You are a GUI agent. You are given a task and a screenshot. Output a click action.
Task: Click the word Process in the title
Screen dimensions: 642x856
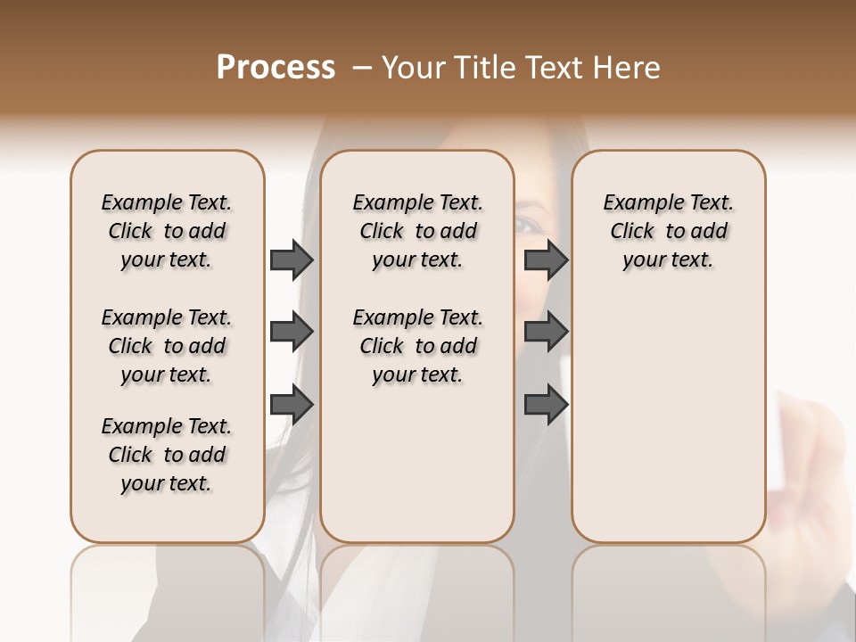[276, 68]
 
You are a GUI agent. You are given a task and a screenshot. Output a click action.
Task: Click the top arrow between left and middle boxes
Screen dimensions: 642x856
[292, 259]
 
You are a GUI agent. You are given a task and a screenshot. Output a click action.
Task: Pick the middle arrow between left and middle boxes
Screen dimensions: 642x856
[292, 332]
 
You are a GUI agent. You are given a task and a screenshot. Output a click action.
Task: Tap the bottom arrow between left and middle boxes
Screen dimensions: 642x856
[292, 405]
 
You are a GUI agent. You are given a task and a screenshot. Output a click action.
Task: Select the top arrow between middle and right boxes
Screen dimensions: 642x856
[546, 259]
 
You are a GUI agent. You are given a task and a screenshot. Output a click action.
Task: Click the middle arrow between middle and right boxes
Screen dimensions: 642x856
[546, 332]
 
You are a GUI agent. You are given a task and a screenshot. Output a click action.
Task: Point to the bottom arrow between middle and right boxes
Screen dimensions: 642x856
[546, 405]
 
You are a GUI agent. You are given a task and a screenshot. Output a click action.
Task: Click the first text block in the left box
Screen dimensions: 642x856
[167, 231]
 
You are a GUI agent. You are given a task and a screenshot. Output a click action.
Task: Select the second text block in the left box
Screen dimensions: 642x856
[167, 346]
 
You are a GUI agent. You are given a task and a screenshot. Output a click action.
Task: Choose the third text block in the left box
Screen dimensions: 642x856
[167, 455]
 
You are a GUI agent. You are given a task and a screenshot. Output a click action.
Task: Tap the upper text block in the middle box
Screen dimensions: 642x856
[417, 231]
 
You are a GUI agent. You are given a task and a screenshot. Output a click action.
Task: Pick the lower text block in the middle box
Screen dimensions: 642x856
[417, 346]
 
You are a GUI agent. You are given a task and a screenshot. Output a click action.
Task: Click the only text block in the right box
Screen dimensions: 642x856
[668, 231]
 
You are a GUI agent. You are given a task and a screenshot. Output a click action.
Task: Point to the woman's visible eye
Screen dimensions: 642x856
[528, 224]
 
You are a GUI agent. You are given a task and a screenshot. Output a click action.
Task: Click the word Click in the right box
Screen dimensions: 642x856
[632, 231]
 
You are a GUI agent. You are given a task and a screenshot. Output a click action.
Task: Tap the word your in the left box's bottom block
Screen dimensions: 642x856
[140, 483]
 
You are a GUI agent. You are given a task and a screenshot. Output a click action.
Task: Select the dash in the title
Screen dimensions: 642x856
[361, 68]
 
